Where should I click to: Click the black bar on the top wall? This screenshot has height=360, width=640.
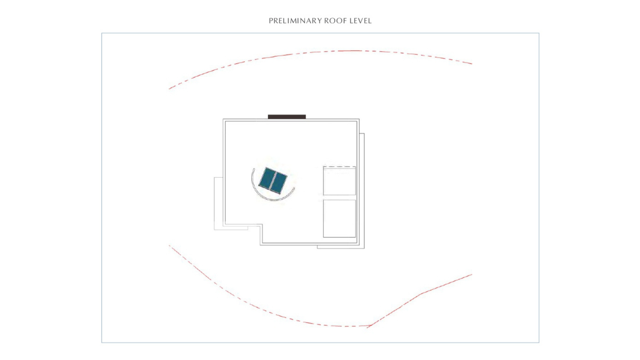click(x=287, y=117)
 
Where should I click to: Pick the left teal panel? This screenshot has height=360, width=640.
click(x=266, y=178)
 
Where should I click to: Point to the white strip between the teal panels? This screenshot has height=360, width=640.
click(x=272, y=181)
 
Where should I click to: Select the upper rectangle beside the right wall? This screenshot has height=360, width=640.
click(x=339, y=181)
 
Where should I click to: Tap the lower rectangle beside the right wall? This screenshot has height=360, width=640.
click(x=339, y=218)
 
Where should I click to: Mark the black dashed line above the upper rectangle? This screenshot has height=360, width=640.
click(x=339, y=167)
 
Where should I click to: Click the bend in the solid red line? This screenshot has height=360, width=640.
click(x=422, y=293)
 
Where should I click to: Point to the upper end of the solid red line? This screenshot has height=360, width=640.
click(x=472, y=274)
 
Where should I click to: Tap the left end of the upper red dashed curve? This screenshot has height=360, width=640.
click(x=169, y=89)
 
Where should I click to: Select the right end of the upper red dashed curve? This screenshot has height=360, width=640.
click(x=472, y=64)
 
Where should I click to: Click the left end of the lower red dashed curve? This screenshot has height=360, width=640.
click(x=169, y=245)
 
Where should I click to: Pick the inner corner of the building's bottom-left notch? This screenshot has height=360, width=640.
click(x=261, y=225)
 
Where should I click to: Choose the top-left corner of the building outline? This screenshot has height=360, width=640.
click(x=223, y=119)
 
